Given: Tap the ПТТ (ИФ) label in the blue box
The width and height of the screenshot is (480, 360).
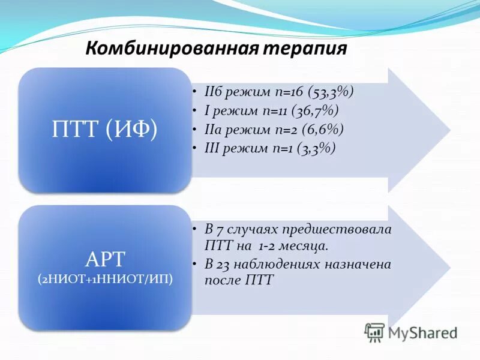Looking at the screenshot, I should coord(104,130).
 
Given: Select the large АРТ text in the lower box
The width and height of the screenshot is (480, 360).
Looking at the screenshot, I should coord(106,260).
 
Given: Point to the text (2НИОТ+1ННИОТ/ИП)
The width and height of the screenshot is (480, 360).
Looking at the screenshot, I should coord(105,280).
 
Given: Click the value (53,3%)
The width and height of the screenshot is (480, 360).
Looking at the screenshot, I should coord(331,92).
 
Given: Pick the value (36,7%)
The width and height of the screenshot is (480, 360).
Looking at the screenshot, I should coord(315,110).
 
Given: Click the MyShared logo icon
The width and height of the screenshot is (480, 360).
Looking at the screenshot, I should coord(375,332).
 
